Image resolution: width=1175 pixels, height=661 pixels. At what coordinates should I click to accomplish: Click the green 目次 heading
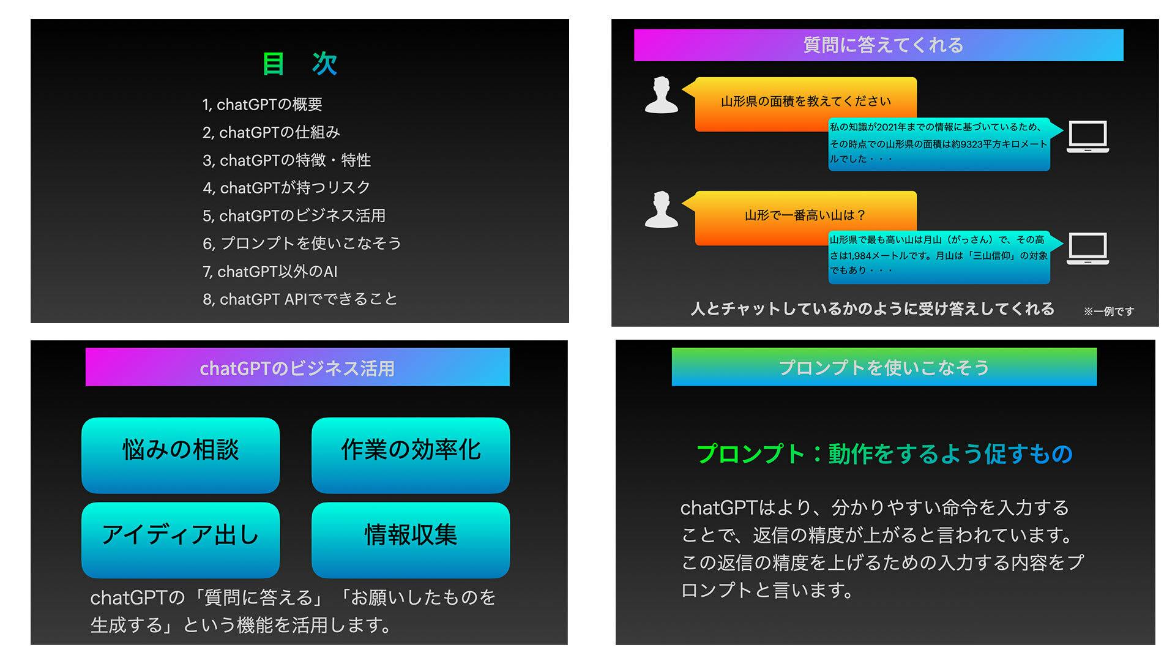(300, 64)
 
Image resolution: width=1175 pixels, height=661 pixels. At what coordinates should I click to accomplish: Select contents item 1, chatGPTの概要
(263, 105)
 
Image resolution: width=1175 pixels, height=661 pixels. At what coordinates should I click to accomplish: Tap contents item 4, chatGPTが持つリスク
(286, 188)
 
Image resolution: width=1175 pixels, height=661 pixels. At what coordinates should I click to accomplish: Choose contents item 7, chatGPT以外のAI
(270, 271)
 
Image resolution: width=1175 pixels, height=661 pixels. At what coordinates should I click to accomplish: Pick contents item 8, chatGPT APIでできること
(300, 299)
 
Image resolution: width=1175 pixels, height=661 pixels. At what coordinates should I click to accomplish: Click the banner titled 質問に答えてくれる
(878, 45)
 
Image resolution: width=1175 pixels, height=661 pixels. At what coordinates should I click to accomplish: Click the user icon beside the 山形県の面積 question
(662, 95)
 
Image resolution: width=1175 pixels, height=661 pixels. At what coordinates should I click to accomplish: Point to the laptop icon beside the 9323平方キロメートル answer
(1088, 136)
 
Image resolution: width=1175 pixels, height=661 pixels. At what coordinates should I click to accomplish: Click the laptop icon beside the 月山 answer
(1088, 248)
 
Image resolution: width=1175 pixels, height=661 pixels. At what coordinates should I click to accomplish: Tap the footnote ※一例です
(1108, 312)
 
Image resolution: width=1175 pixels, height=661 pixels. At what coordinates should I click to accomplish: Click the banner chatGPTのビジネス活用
(297, 367)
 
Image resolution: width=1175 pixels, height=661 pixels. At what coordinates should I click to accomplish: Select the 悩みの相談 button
(181, 455)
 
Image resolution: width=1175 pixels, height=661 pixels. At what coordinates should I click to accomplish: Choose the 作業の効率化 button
(411, 455)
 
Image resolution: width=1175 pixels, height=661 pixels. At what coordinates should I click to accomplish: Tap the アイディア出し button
(181, 540)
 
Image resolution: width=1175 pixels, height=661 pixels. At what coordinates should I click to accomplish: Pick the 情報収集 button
(411, 540)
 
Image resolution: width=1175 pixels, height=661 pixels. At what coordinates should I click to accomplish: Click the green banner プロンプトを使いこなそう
(884, 367)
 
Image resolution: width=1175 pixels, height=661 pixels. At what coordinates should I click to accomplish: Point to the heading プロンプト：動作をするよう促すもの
(884, 454)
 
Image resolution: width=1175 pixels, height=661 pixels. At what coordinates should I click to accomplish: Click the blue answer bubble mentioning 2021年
(939, 144)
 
